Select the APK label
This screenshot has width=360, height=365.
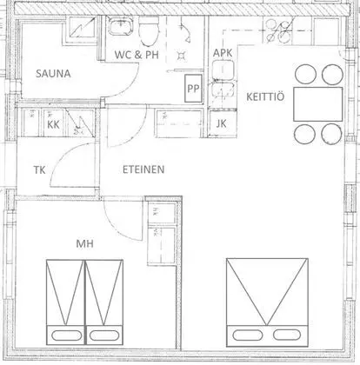coord(224,54)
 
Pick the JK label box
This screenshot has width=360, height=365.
coord(221,123)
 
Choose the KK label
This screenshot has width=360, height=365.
coord(53,124)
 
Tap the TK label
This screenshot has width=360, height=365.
coord(38,170)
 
